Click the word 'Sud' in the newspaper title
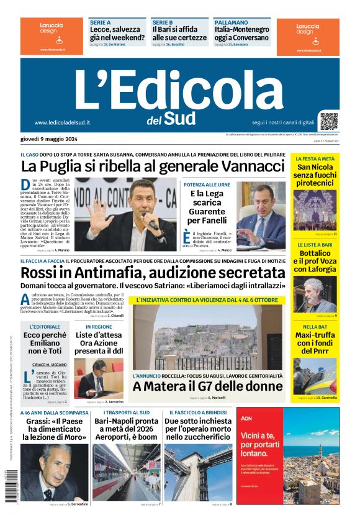point(179,117)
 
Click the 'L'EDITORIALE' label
point(45,327)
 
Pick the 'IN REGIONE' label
point(99,327)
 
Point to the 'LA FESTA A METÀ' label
point(315,159)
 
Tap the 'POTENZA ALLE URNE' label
point(206,185)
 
